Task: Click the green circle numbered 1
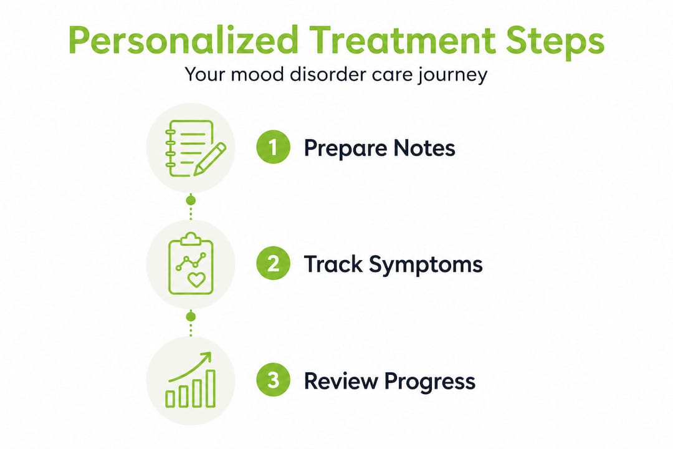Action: pyautogui.click(x=273, y=148)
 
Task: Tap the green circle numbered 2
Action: pyautogui.click(x=273, y=264)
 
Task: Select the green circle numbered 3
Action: pyautogui.click(x=273, y=380)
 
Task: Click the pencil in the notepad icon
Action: pyautogui.click(x=209, y=158)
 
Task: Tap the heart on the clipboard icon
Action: pyautogui.click(x=196, y=280)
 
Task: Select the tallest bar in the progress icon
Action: pyautogui.click(x=211, y=388)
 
